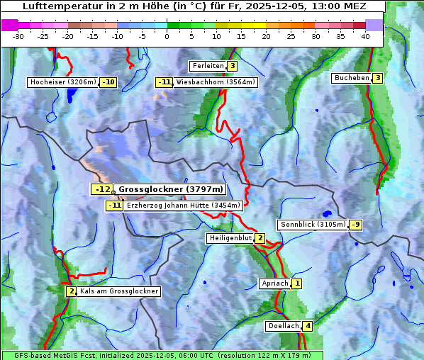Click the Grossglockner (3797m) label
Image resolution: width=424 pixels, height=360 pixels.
pos(170,189)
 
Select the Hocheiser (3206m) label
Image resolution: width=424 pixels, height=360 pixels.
pos(62,82)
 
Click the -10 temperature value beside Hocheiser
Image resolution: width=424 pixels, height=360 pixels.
pos(108,82)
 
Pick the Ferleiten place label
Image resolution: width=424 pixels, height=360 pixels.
pos(208,66)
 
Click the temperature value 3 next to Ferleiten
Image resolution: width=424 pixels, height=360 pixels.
pos(232,66)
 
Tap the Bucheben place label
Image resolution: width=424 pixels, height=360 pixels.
pos(352,78)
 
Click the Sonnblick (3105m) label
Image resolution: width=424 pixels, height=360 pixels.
pos(313,225)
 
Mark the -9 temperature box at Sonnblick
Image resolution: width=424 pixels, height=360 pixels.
pos(355,225)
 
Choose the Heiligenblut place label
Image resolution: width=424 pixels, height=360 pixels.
pos(230,238)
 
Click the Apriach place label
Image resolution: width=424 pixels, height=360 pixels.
pos(275,283)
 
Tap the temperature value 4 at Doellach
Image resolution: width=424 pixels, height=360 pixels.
pos(307,327)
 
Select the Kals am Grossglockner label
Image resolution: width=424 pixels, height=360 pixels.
pos(118,291)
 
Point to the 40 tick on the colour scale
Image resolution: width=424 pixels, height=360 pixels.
pos(364,35)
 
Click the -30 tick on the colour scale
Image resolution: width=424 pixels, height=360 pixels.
pos(18,35)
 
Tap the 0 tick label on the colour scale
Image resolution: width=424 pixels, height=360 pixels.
pos(167,35)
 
